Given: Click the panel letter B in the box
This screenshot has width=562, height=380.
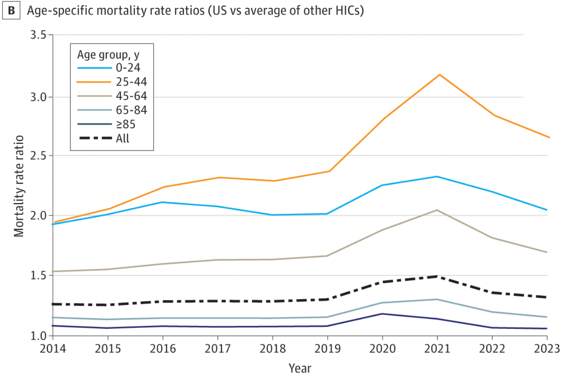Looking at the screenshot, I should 11,10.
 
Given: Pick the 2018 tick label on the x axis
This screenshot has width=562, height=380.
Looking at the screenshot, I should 272,349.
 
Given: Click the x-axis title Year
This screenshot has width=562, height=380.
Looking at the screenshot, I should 300,368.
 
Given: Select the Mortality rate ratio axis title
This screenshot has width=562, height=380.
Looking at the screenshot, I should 19,186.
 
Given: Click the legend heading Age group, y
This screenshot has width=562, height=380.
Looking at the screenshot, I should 108,54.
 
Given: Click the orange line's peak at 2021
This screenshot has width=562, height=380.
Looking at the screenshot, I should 440,75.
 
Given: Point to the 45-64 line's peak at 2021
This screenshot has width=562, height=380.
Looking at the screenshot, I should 437,210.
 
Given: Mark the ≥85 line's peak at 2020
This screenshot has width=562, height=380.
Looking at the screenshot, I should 383,314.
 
